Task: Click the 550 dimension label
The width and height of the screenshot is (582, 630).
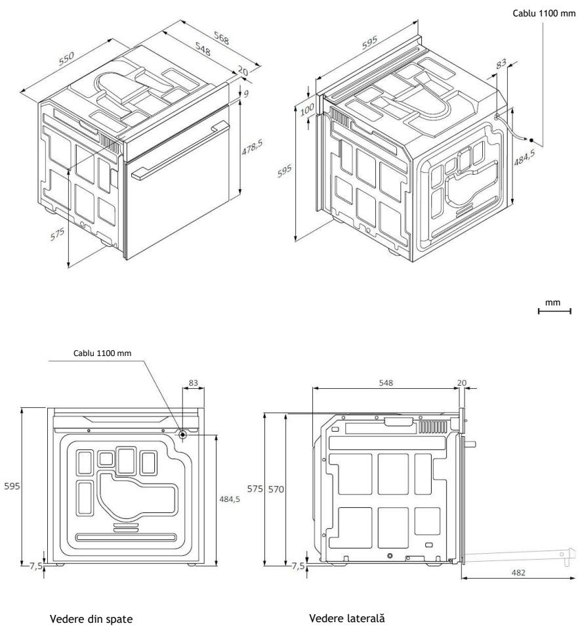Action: [67, 58]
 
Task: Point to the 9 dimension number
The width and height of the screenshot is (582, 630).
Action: [246, 94]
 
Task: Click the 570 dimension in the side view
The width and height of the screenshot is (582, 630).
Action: [276, 489]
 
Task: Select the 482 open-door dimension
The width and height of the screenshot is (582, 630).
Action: [518, 572]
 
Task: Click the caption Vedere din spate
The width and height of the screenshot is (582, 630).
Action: [91, 619]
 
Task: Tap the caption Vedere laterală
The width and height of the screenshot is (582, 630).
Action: [347, 618]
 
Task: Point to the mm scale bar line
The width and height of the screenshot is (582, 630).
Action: [554, 311]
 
